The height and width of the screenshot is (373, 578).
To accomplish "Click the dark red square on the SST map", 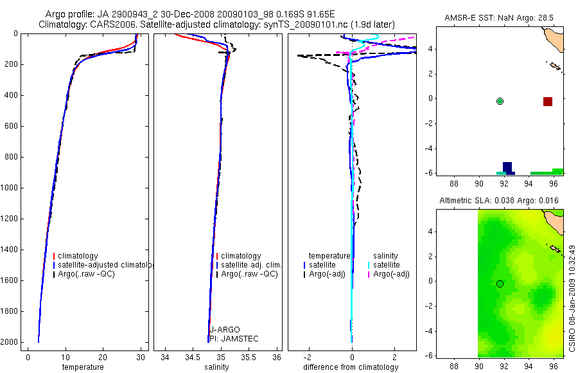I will tap(548, 102).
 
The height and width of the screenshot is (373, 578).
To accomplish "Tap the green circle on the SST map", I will tap(500, 101).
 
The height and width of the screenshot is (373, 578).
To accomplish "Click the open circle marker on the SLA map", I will tap(500, 284).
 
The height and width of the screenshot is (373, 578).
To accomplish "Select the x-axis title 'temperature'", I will tap(82, 367).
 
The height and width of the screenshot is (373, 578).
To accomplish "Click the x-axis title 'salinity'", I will tap(217, 367).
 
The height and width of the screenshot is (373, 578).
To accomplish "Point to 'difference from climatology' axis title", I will tap(351, 367).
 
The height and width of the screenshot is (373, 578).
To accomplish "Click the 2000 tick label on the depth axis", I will tap(10, 342).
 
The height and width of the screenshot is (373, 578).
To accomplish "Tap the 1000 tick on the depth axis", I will tap(10, 188).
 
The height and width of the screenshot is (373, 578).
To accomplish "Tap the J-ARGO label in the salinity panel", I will tap(224, 330).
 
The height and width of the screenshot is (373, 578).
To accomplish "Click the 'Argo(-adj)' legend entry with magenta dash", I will tap(394, 275).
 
